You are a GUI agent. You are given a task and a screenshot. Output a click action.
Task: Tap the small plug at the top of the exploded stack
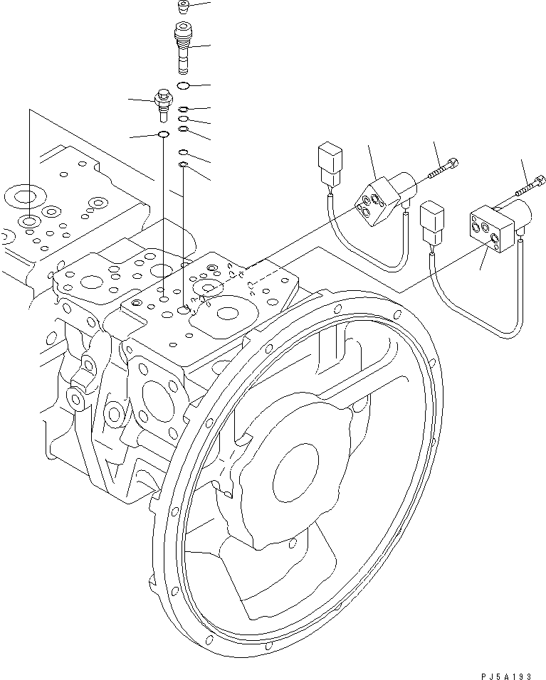click(x=183, y=8)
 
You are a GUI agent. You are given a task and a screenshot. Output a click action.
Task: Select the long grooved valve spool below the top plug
click(x=183, y=47)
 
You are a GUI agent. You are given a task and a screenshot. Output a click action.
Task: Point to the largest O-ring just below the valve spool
click(x=183, y=86)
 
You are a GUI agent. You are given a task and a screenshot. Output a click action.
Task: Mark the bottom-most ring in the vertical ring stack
click(x=183, y=165)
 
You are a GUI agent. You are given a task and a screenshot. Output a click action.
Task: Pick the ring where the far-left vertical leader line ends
click(x=28, y=221)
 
